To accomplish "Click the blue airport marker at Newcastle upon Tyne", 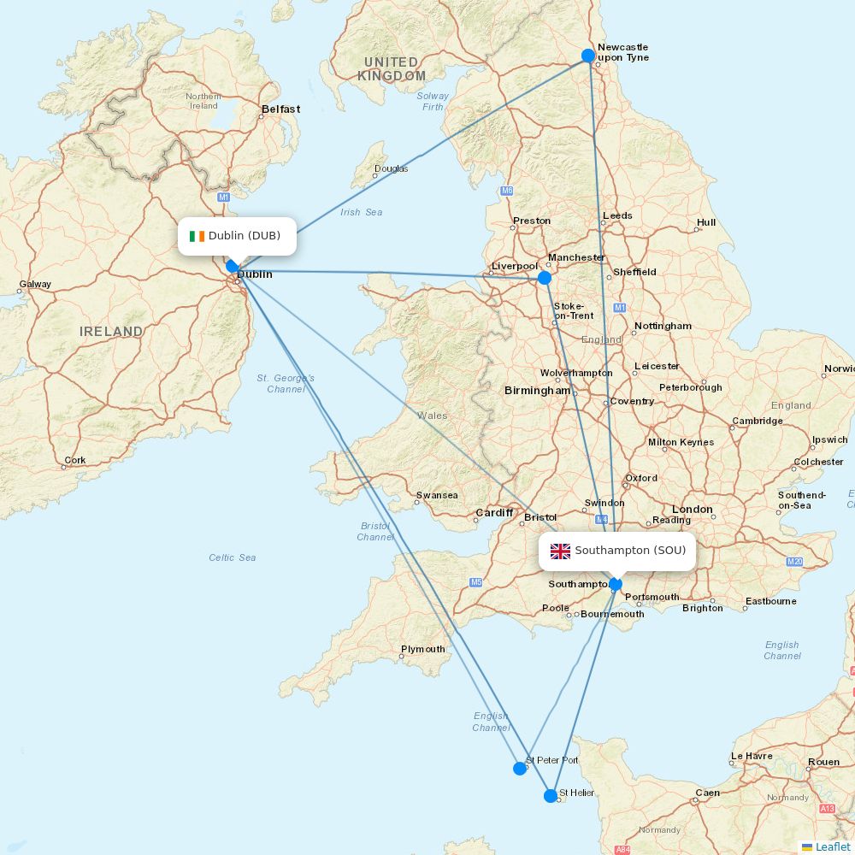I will point(588,56).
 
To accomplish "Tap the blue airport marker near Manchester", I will point(545,278).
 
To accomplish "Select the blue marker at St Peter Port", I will point(520,769).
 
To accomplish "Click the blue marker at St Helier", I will point(551,796).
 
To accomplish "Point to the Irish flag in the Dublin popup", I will point(198,236).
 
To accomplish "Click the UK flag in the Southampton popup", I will point(560,551).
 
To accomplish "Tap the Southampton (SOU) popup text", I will point(630,551).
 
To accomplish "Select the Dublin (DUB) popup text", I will point(245,236).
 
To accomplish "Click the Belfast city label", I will point(281,109).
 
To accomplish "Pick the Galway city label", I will point(36,285).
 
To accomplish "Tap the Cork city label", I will point(75,460).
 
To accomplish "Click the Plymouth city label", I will point(423,649).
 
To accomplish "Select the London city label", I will point(692,510).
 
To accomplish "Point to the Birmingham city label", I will point(537,391).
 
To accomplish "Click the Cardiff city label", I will point(494,513).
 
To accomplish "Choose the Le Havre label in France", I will point(752,756).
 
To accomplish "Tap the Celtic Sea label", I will point(233,557).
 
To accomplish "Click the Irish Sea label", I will point(362,212).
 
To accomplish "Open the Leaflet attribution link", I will point(832,846).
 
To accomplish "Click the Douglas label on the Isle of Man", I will point(392,168).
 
